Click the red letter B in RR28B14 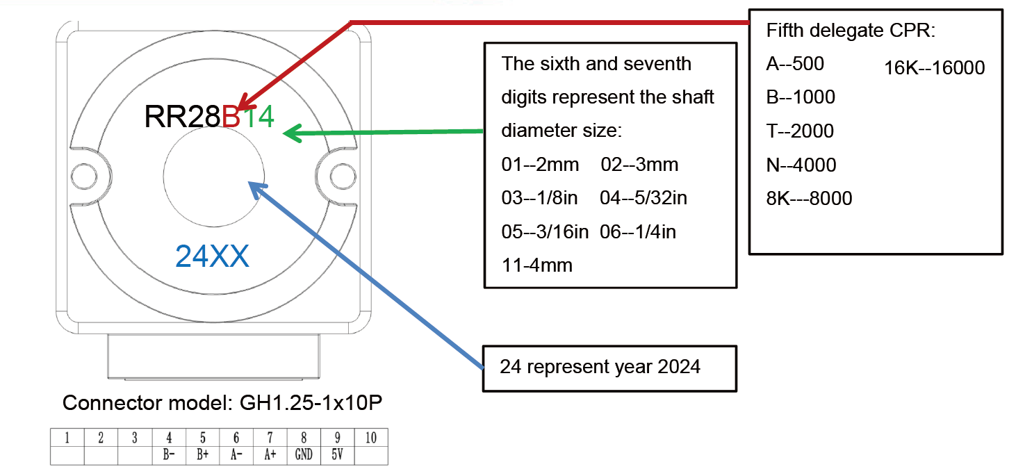[x=231, y=116]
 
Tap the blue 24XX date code [x=213, y=256]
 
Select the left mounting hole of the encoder [x=84, y=177]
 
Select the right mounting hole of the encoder [x=343, y=177]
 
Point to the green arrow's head [x=291, y=133]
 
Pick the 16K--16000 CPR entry [x=935, y=67]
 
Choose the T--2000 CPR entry [x=800, y=131]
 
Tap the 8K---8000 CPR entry [x=809, y=198]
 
